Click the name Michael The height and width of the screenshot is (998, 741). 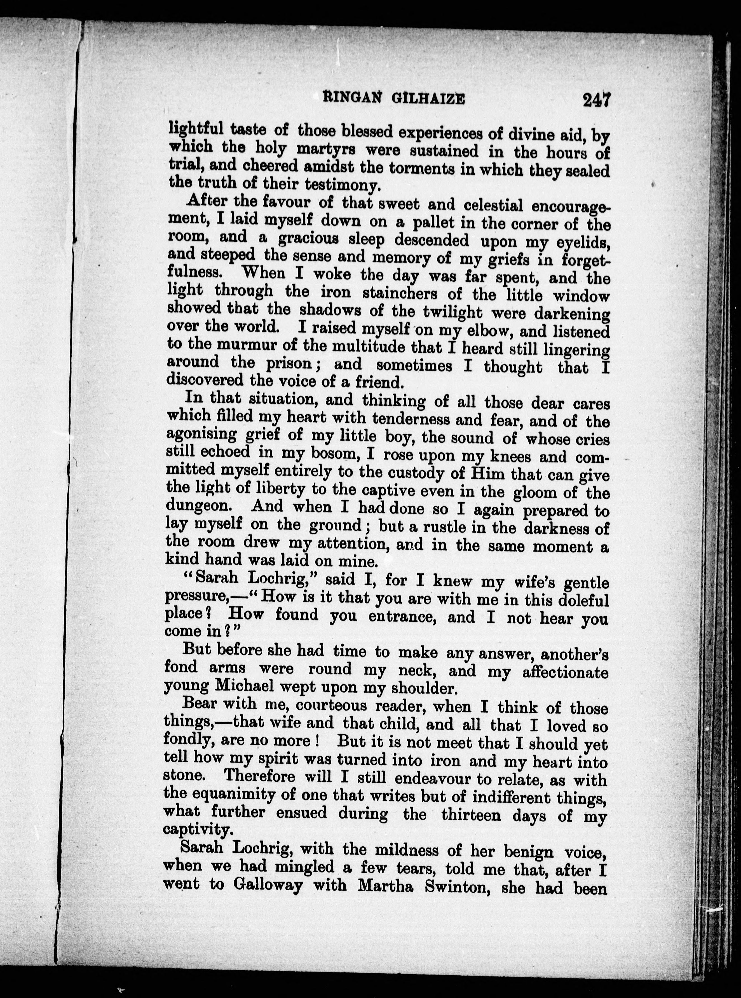245,686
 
